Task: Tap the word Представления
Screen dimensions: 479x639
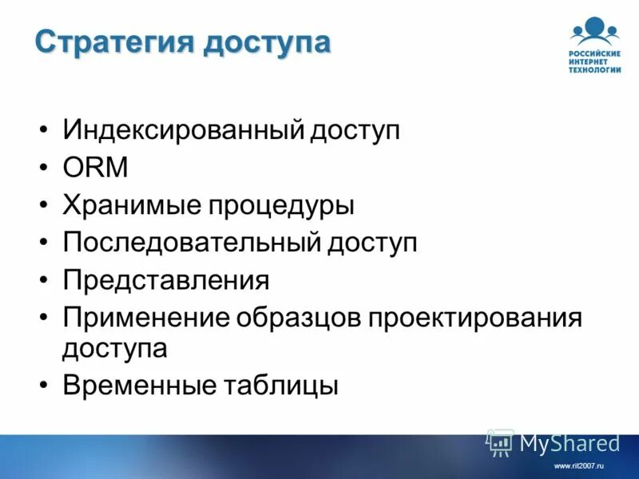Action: pos(166,281)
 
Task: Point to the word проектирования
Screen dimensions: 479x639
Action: pos(475,319)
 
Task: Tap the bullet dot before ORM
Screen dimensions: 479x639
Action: pos(44,168)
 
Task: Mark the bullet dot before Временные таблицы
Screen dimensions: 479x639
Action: pos(44,386)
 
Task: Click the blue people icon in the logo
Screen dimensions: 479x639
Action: pos(595,30)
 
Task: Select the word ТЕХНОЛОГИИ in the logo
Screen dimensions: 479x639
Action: pos(595,69)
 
